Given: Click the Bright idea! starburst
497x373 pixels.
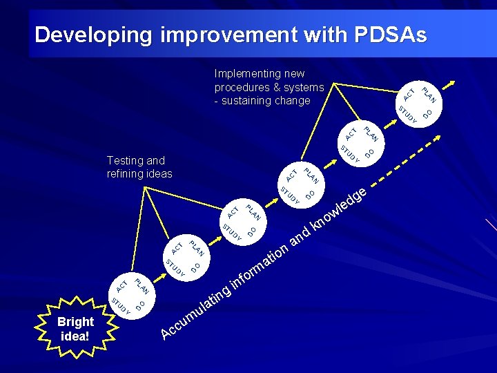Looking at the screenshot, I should point(76,329).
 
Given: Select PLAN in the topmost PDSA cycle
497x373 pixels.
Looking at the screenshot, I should point(431,93).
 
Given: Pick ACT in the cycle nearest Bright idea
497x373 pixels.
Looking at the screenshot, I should point(122,284).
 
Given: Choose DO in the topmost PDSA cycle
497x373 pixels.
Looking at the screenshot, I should point(428,113).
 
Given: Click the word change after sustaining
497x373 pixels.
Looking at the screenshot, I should point(293,101).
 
